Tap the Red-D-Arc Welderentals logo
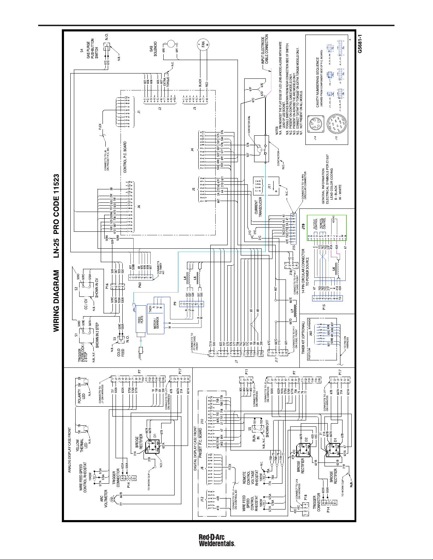[217, 541]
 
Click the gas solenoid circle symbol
[171, 44]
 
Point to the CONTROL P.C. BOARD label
[125, 157]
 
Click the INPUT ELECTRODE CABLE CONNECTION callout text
[264, 49]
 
